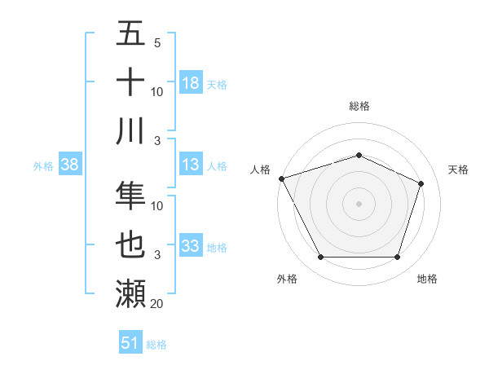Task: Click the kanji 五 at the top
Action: pos(131,34)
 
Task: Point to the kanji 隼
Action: pos(131,196)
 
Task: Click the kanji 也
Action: pos(131,244)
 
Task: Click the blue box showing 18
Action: pos(191,82)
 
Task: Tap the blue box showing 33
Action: pos(191,246)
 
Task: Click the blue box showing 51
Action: pos(130,343)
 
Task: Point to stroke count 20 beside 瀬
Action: pos(156,304)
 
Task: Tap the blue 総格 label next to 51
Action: pos(156,345)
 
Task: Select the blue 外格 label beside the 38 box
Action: pos(43,166)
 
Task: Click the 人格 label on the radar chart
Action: pos(261,169)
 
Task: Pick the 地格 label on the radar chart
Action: pos(427,279)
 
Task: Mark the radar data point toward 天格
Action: pos(421,183)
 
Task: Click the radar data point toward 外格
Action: pos(320,258)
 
